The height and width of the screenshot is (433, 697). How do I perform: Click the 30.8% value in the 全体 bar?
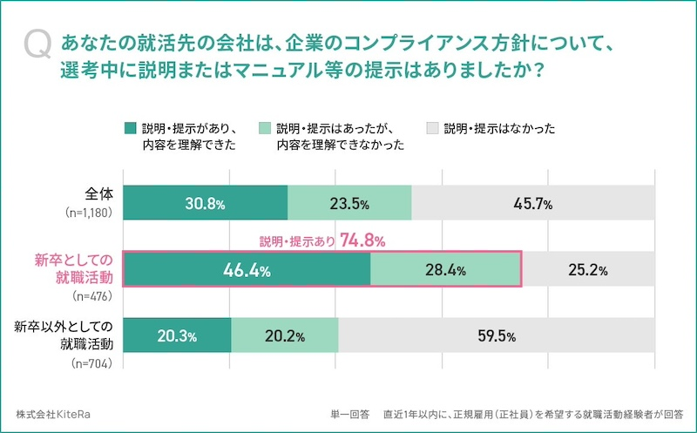point(206,203)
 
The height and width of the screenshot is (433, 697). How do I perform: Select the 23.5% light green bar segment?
point(349,203)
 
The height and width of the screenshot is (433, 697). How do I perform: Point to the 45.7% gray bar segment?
point(534,203)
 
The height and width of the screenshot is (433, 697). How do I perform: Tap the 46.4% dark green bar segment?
point(247,269)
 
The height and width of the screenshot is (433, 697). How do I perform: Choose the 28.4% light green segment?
point(445,269)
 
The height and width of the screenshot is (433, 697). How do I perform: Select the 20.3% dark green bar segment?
point(178,335)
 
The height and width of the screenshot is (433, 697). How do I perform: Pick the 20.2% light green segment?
point(285,335)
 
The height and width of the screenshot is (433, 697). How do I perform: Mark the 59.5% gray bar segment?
point(497,335)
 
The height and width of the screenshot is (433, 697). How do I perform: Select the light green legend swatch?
point(265,129)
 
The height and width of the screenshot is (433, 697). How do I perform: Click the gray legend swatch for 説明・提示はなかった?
point(432,129)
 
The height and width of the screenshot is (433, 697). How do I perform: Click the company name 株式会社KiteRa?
point(52,414)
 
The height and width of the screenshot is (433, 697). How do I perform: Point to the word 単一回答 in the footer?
point(350,414)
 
